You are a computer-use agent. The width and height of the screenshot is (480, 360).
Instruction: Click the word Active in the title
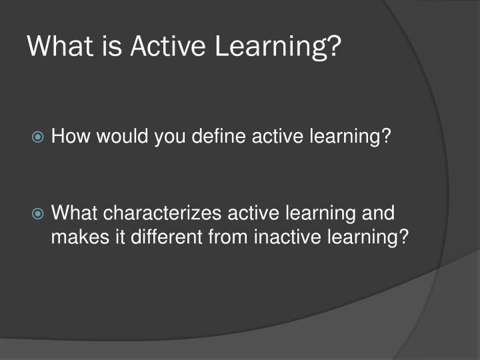[x=169, y=47]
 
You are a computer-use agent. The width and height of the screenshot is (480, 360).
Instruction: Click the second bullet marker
[x=39, y=214]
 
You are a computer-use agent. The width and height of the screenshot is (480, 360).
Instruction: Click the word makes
[x=77, y=237]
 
